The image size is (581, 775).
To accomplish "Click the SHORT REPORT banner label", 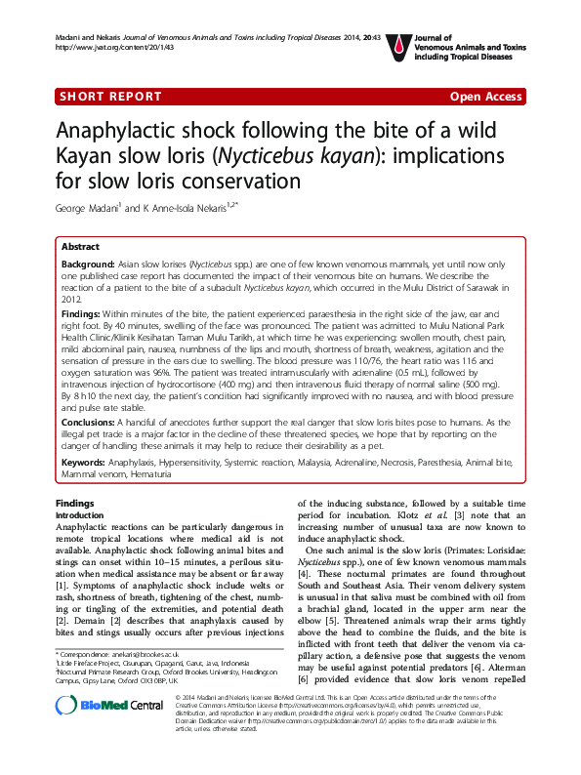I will tap(111, 96).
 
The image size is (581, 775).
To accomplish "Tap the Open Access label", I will tap(485, 96).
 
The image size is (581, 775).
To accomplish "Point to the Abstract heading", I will tap(80, 248).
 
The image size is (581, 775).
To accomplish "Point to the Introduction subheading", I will tap(81, 514).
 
